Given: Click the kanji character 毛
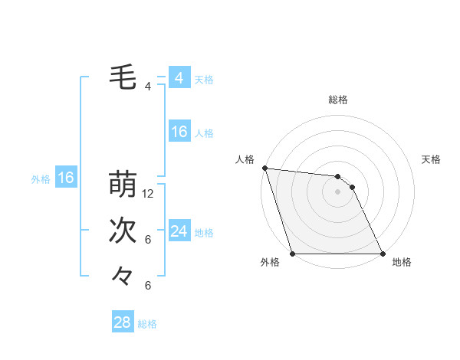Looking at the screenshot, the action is [x=124, y=77].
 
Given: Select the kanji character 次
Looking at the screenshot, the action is [x=124, y=231].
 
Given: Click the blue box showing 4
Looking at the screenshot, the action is [x=179, y=78].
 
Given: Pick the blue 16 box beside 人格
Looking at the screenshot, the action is [x=179, y=132].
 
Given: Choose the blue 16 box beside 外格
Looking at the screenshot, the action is [x=66, y=178].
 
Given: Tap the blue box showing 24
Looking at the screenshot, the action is [x=179, y=231].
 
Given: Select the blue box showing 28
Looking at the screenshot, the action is [x=122, y=322].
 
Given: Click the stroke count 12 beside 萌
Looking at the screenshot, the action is [x=149, y=194].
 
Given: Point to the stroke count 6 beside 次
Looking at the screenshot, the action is [x=148, y=240].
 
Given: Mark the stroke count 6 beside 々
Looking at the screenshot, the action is [x=148, y=286].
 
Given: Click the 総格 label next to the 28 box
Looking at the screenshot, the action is [x=147, y=324].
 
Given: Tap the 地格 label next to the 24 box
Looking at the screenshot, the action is [x=204, y=233].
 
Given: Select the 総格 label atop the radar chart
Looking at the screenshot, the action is [x=337, y=100].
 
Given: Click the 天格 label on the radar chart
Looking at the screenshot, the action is [x=431, y=159].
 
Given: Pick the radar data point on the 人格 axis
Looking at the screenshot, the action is [x=264, y=168].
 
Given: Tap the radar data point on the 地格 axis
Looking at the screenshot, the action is [x=383, y=254].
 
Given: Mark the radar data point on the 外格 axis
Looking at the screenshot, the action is [x=292, y=254].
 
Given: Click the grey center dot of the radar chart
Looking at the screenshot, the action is [x=337, y=191].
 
